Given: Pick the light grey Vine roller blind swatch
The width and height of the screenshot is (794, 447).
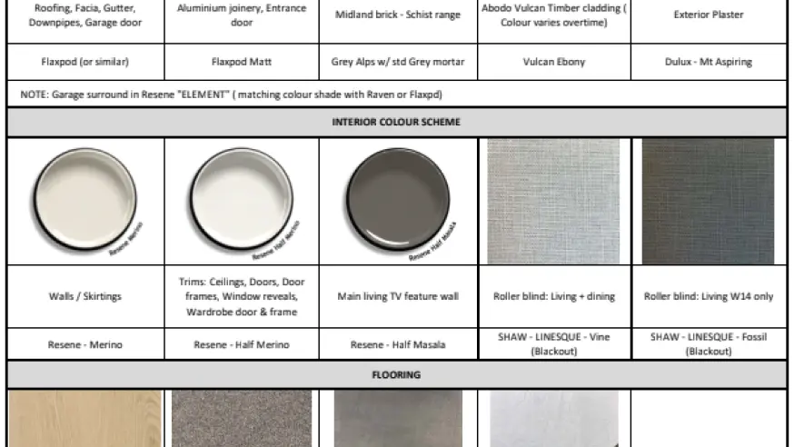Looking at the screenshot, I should (x=553, y=201).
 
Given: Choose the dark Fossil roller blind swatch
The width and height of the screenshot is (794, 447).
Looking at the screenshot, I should (x=708, y=201).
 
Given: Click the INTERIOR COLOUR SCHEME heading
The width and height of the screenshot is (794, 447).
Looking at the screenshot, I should (x=396, y=122).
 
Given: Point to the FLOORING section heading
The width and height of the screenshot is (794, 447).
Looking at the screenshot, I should (x=396, y=374).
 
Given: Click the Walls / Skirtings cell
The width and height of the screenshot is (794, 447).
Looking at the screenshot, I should (x=85, y=296).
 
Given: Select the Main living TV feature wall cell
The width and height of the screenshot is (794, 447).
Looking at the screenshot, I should (x=398, y=296).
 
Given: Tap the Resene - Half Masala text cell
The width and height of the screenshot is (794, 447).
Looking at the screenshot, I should (x=398, y=344).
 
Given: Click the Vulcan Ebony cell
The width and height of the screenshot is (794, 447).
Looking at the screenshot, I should (x=553, y=63).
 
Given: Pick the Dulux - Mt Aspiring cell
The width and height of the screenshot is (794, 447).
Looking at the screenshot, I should (x=708, y=63).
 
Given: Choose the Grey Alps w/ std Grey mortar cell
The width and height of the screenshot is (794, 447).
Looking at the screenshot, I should (x=398, y=63).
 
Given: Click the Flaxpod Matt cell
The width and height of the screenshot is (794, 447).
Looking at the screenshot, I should (x=242, y=63).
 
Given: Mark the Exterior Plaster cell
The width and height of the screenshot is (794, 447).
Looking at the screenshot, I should (x=708, y=15).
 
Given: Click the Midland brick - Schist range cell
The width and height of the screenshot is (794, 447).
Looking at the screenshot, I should (x=398, y=15).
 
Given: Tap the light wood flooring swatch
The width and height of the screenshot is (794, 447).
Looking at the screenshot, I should (x=85, y=419).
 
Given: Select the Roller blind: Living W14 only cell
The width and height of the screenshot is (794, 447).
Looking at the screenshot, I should (x=708, y=296).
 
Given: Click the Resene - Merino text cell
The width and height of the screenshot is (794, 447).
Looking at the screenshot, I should (x=85, y=344).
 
